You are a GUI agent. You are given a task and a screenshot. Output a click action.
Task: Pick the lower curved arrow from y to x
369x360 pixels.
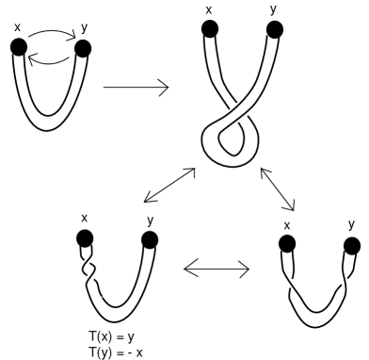point(50,59)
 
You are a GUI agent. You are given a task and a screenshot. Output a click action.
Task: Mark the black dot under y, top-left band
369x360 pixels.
point(82,48)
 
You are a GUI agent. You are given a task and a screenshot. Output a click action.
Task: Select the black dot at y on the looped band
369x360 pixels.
point(273,29)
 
